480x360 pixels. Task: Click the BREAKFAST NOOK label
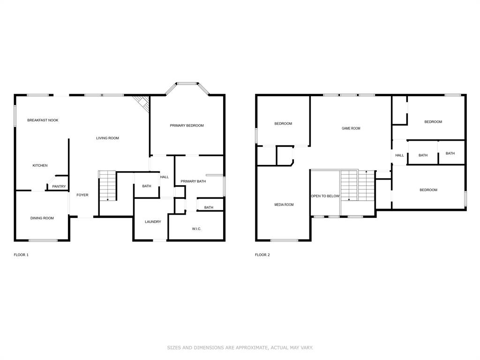pyautogui.click(x=43, y=120)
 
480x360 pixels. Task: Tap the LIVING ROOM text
pyautogui.click(x=108, y=138)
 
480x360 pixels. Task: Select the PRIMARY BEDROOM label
pyautogui.click(x=187, y=126)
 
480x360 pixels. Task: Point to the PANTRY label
pyautogui.click(x=59, y=187)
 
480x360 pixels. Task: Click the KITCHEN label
pyautogui.click(x=40, y=165)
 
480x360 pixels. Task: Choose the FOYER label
pyautogui.click(x=82, y=195)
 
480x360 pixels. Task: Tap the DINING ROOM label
pyautogui.click(x=42, y=218)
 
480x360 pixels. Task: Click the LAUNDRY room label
pyautogui.click(x=153, y=222)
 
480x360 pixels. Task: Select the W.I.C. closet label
pyautogui.click(x=196, y=229)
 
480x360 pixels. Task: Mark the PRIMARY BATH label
pyautogui.click(x=193, y=181)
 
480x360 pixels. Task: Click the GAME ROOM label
pyautogui.click(x=351, y=128)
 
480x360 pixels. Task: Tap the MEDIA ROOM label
pyautogui.click(x=284, y=205)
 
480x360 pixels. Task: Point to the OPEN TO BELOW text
pyautogui.click(x=325, y=196)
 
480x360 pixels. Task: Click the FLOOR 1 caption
pyautogui.click(x=21, y=255)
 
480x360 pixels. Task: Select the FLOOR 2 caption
pyautogui.click(x=262, y=255)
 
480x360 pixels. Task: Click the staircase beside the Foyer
pyautogui.click(x=107, y=186)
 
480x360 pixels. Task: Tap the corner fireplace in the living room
pyautogui.click(x=142, y=104)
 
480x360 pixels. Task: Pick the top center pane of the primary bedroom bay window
pyautogui.click(x=186, y=84)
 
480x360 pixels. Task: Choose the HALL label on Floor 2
pyautogui.click(x=399, y=156)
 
